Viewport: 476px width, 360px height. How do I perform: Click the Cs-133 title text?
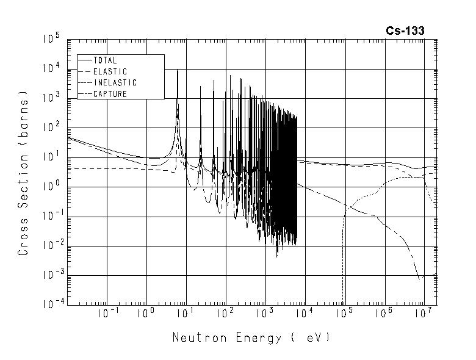405,31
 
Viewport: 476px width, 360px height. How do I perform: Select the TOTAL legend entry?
104,60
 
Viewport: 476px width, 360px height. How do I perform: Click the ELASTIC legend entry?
109,71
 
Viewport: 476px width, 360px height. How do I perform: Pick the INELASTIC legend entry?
115,82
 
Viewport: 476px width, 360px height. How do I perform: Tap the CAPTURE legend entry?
109,93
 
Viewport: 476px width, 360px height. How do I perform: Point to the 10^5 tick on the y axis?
52,39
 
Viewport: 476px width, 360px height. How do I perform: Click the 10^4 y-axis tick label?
52,68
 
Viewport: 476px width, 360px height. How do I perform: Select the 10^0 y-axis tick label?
52,187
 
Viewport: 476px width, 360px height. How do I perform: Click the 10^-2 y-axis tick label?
51,246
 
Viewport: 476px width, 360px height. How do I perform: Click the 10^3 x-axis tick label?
265,314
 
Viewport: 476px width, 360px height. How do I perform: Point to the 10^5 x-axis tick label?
344,314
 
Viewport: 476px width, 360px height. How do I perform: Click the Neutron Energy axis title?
251,337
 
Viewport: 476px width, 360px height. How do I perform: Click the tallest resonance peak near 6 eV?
177,71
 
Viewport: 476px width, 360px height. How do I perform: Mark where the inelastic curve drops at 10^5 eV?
344,244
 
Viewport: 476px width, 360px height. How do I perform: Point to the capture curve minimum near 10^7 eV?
420,278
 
